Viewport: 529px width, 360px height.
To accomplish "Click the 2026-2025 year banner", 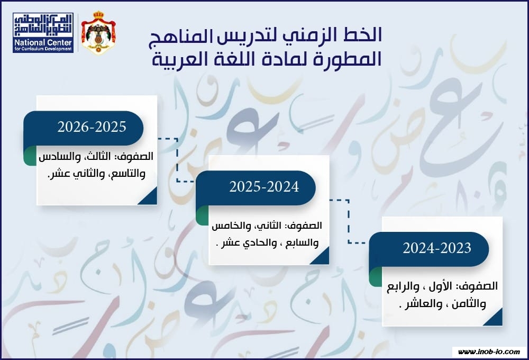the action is [84, 128].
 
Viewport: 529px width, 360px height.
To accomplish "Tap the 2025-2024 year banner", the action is [256, 188].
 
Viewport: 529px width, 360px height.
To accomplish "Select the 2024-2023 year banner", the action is [429, 249].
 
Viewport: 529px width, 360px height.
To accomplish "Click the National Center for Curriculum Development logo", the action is [43, 33].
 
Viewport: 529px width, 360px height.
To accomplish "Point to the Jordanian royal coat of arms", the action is [98, 33].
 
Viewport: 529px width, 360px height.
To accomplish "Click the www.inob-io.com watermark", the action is [489, 352].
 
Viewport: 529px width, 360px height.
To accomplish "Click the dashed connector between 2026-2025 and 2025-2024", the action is [177, 160].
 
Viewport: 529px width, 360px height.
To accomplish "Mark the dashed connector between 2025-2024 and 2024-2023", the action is [349, 221].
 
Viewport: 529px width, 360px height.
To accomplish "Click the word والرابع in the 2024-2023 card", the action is [403, 287].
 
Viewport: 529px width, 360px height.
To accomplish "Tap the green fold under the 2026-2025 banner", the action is [30, 156].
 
